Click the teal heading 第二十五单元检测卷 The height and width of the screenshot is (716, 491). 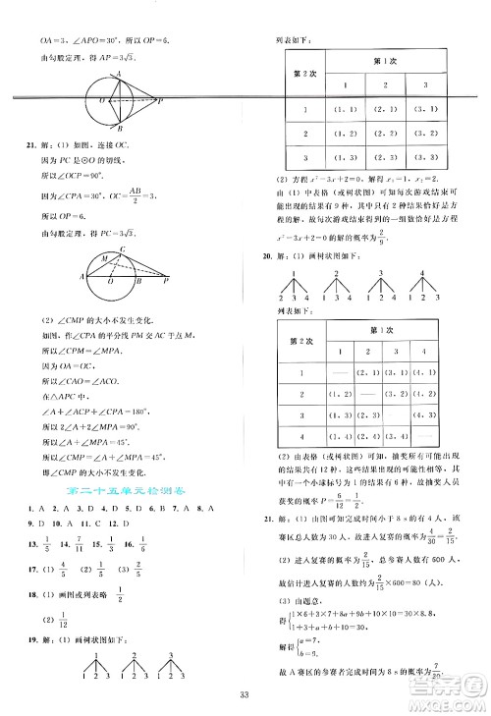point(118,488)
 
